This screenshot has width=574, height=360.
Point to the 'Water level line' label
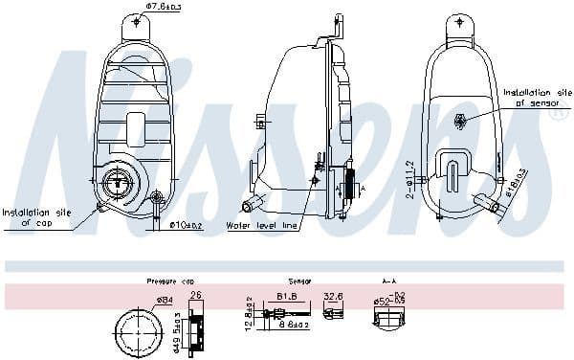261,226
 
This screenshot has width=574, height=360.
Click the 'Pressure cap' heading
166,281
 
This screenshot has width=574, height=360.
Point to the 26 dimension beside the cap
196,296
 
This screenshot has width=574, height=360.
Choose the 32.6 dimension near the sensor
334,297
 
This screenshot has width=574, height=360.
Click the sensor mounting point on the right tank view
461,121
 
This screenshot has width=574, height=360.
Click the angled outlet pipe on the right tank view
490,205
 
